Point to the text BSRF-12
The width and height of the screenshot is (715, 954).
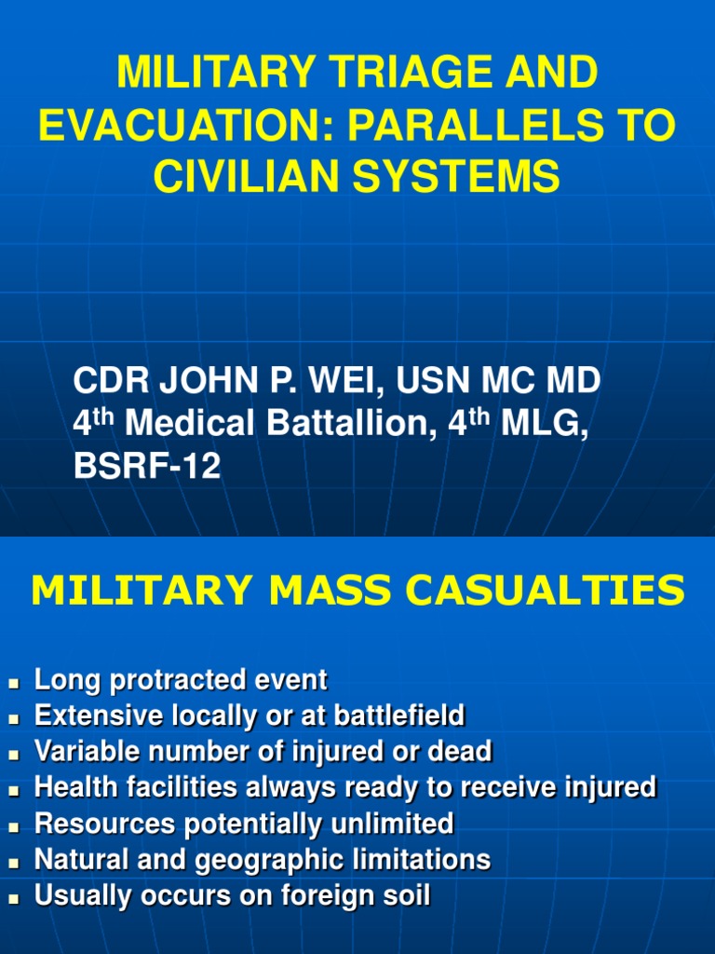[147, 465]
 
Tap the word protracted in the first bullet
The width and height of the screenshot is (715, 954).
[175, 681]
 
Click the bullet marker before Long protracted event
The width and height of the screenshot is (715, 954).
[14, 683]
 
